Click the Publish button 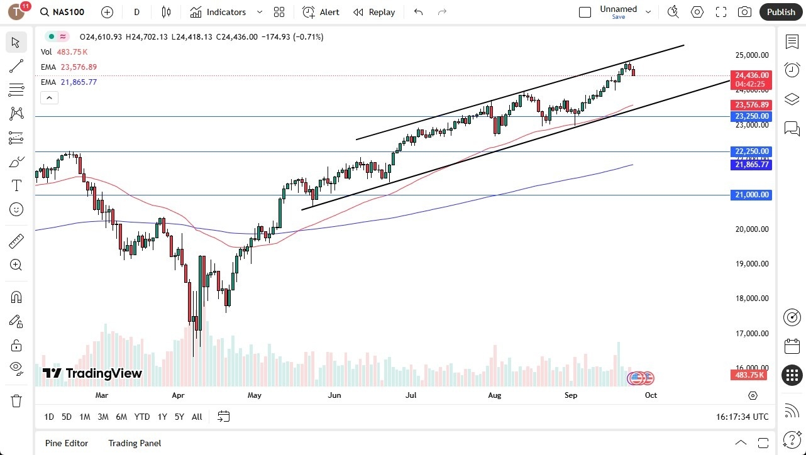(x=781, y=12)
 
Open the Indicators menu (x=218, y=12)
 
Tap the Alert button (x=321, y=12)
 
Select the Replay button (x=374, y=12)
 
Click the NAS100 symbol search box (x=63, y=12)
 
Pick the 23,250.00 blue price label (x=751, y=116)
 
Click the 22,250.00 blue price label (x=751, y=151)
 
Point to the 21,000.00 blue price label (x=751, y=195)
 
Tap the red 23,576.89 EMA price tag (x=751, y=105)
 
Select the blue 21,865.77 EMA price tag (x=751, y=165)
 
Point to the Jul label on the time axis (x=411, y=395)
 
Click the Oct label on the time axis (x=651, y=395)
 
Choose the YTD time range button (x=142, y=417)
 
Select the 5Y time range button (x=179, y=417)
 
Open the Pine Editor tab (x=67, y=443)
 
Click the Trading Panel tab (x=135, y=443)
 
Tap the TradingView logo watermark (x=92, y=373)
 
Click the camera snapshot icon (x=744, y=12)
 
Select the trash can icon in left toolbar (x=16, y=400)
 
